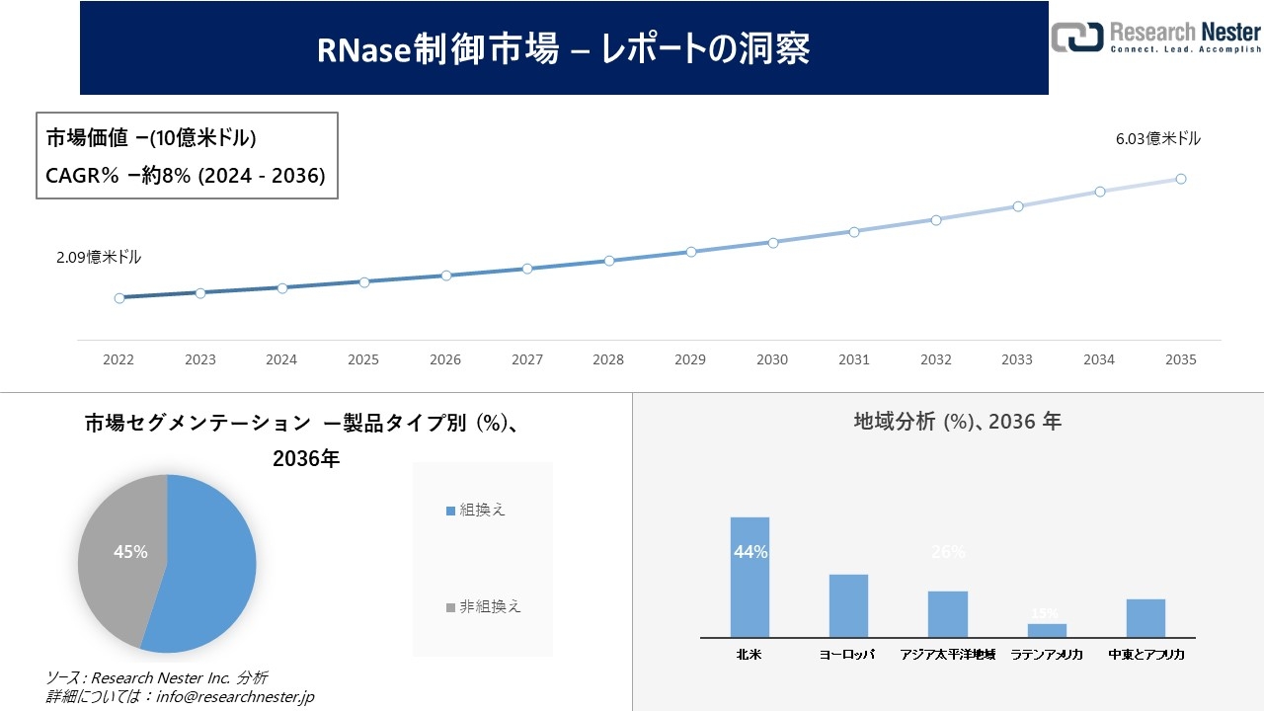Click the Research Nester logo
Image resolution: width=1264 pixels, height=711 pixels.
[x=1155, y=37]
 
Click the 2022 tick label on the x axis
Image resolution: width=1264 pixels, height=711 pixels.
[x=118, y=360]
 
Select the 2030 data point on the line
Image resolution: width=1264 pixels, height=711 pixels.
[x=772, y=242]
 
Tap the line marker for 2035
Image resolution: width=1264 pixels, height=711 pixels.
[x=1180, y=179]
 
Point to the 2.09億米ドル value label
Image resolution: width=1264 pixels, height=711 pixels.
[x=99, y=258]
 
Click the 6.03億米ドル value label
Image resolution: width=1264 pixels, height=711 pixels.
[x=1157, y=139]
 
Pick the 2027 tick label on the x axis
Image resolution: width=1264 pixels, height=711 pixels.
[x=526, y=360]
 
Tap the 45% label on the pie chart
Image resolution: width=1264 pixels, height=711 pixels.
[x=130, y=552]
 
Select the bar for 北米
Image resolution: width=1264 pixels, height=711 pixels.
[x=750, y=577]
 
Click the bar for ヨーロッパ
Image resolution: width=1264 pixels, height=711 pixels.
[x=848, y=605]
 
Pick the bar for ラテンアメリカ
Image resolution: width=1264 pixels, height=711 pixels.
[x=1047, y=630]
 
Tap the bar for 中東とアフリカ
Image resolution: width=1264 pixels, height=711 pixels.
[x=1145, y=618]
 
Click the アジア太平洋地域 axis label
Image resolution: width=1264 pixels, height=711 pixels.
[x=948, y=655]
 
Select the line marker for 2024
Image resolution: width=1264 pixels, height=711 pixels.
[x=281, y=288]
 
